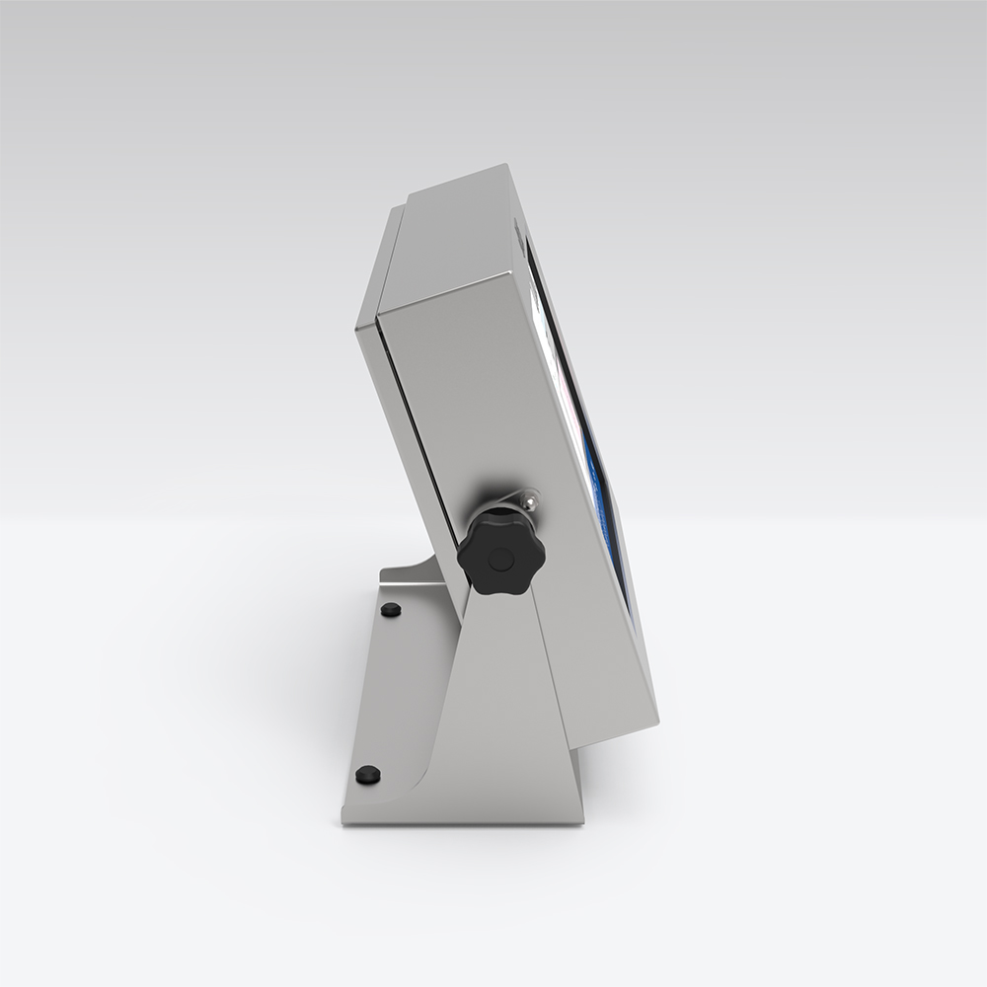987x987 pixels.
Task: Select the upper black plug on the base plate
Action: tap(391, 610)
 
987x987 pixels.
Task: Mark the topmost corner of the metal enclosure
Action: tap(505, 166)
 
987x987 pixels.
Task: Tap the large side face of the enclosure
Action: tap(513, 395)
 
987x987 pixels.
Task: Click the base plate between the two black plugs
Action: tap(380, 691)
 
